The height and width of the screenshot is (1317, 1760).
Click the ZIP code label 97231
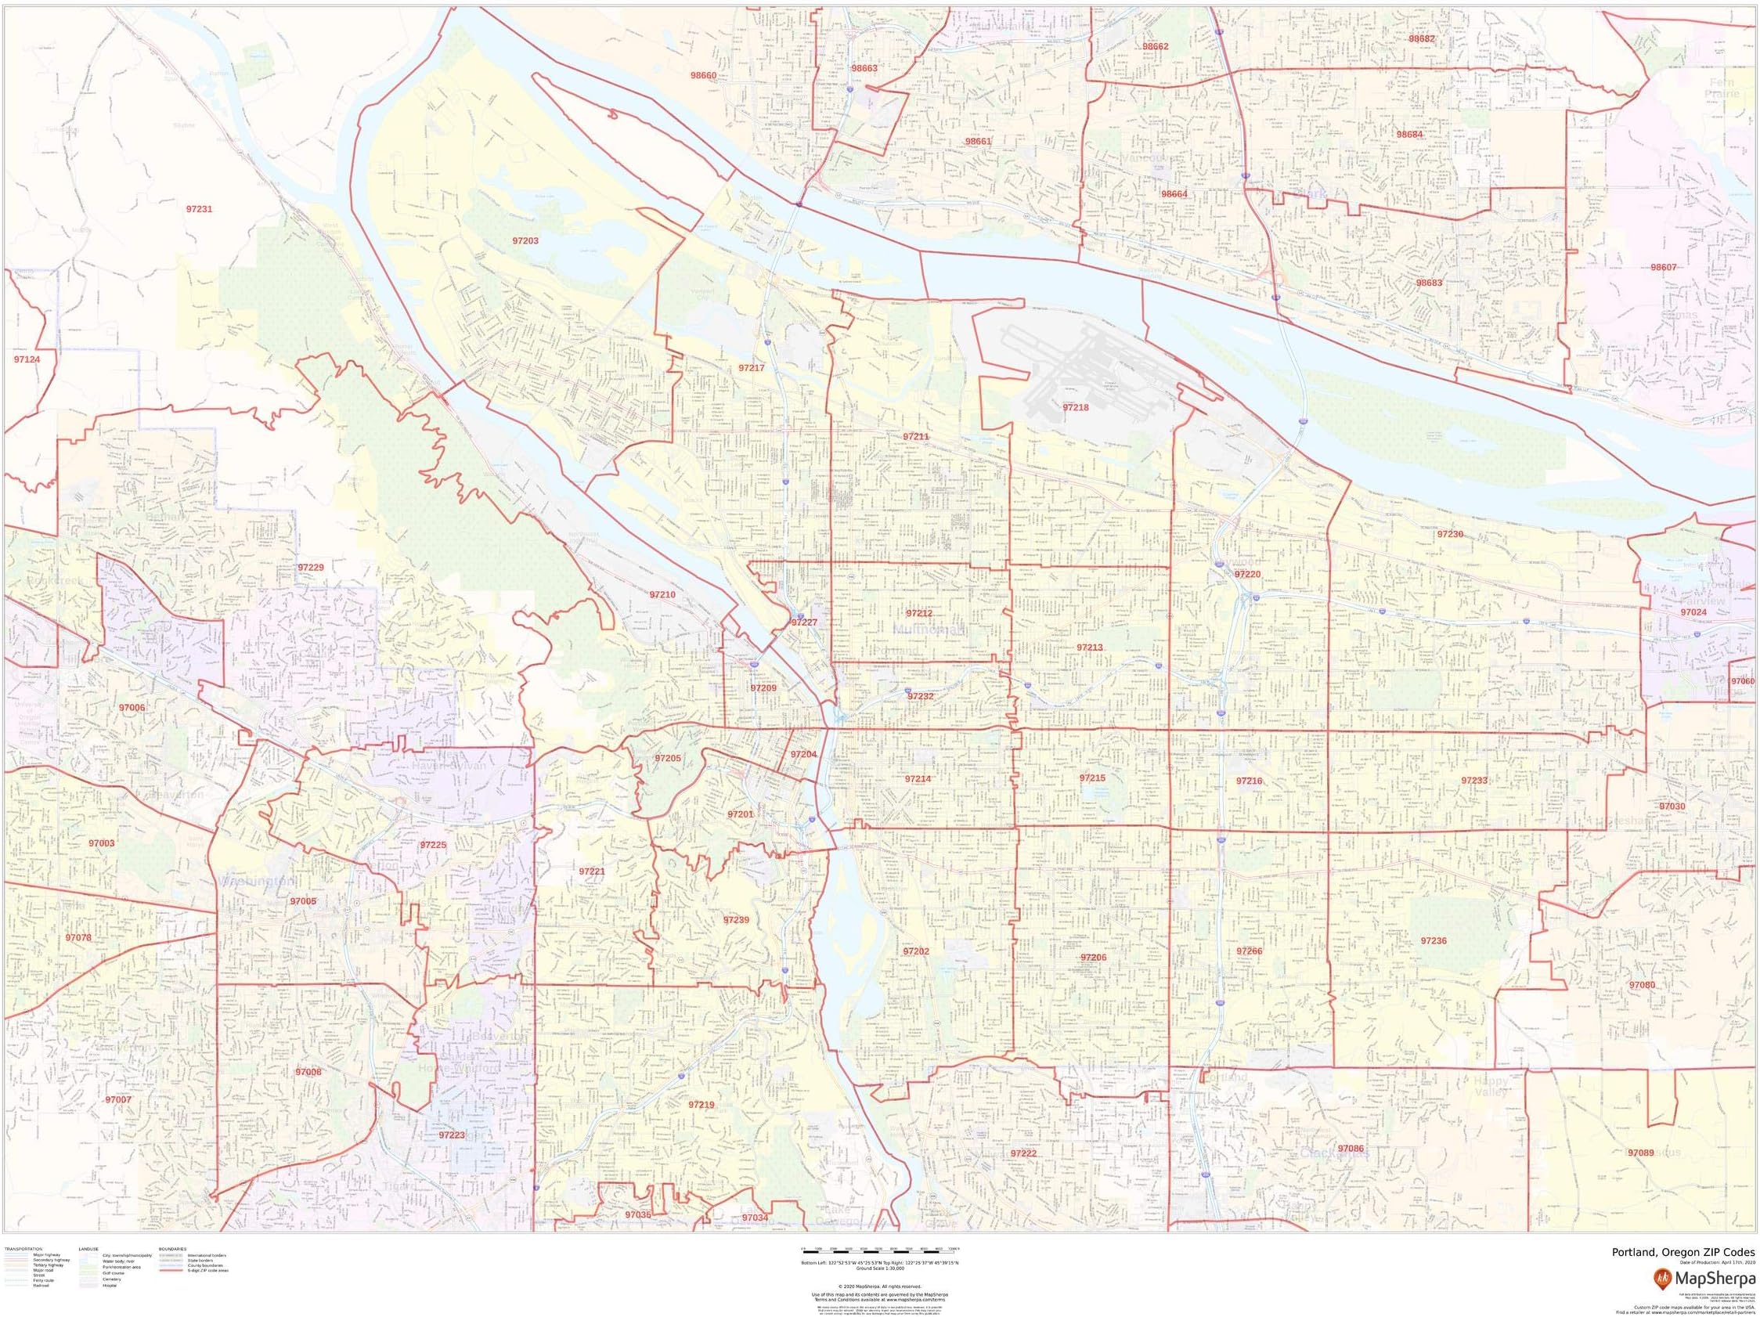click(199, 209)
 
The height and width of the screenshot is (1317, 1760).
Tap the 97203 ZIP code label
click(525, 240)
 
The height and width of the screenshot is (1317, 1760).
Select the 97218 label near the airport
click(1076, 407)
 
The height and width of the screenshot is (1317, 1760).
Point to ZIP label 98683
click(1429, 283)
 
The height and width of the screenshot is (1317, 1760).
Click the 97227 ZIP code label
click(804, 622)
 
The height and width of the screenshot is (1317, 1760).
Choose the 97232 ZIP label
click(921, 696)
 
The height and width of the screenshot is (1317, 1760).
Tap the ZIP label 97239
click(736, 921)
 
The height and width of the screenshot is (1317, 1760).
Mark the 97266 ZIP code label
click(1250, 952)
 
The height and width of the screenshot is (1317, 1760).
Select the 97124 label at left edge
click(27, 359)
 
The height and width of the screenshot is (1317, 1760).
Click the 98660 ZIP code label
click(703, 76)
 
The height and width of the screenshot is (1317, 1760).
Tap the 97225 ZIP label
click(433, 845)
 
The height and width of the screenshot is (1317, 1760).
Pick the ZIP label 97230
click(1451, 535)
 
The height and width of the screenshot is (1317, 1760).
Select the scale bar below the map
click(879, 1250)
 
